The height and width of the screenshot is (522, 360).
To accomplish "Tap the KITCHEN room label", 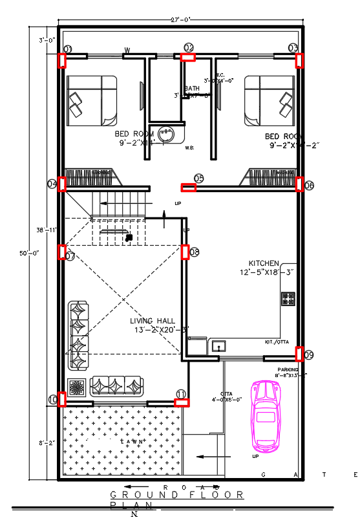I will (264, 263).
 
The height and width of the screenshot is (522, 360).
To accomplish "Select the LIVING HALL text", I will (153, 320).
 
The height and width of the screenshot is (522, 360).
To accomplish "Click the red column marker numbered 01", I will (63, 60).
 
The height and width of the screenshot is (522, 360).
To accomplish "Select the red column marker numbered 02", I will (189, 58).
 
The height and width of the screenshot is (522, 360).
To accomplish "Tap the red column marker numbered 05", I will (188, 188).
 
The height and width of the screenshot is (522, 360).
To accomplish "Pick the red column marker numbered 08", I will (185, 252).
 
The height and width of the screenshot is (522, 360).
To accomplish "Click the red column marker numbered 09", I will (300, 354).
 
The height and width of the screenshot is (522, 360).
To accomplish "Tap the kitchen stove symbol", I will (288, 299).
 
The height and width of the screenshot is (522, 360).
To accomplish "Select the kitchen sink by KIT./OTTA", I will (217, 346).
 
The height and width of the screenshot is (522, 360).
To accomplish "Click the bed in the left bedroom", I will (92, 101).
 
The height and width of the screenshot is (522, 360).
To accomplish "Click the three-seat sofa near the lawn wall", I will (116, 386).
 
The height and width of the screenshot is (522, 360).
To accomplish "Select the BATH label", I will (192, 89).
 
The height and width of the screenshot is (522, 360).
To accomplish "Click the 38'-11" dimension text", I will (48, 230).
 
